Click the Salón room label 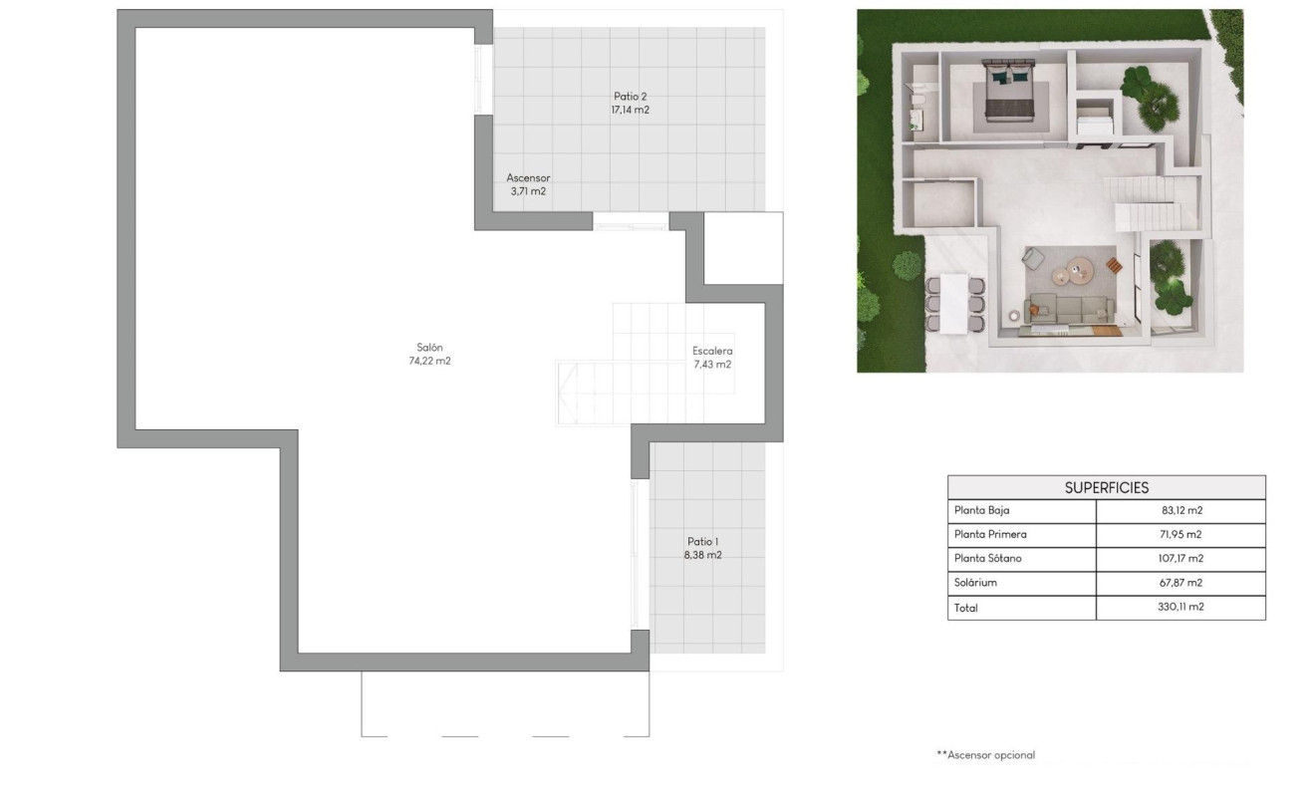(429, 348)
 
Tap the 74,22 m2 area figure (429, 362)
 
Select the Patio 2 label (630, 97)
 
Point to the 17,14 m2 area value (630, 111)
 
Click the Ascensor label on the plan (528, 178)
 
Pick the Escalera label (712, 351)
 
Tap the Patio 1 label (702, 541)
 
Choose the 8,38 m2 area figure (702, 555)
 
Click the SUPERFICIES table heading (1106, 487)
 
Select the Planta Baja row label (982, 511)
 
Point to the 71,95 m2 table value (1180, 535)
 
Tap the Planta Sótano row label (987, 559)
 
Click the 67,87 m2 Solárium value (1180, 583)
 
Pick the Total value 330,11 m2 (1180, 607)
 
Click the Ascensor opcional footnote (986, 755)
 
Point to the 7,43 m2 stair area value (712, 365)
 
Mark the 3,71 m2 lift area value (528, 191)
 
